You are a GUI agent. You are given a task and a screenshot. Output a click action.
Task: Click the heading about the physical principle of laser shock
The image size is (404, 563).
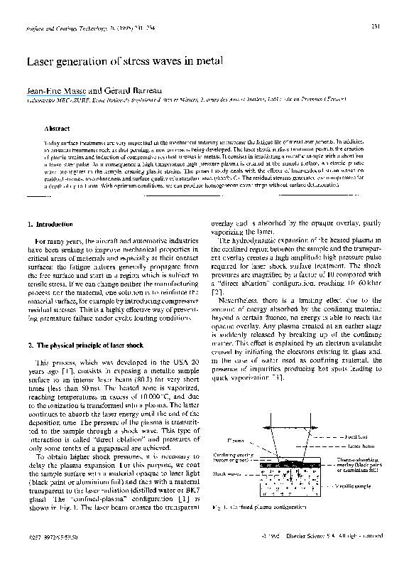click(x=77, y=345)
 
